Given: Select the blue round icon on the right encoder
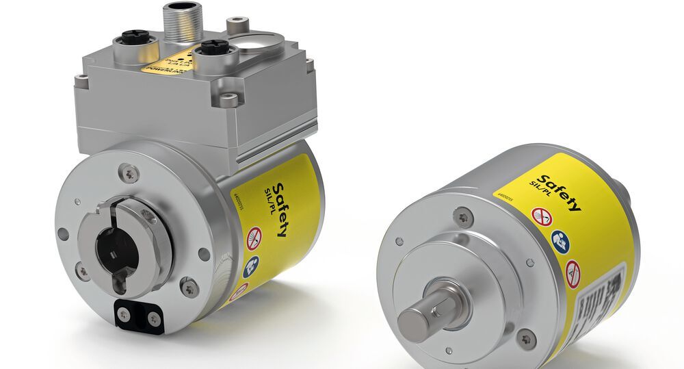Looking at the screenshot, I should (559, 239).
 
